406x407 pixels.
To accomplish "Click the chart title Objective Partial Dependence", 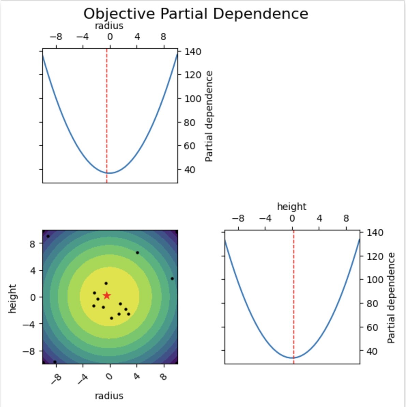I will pos(195,14).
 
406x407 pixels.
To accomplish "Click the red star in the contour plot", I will pos(107,295).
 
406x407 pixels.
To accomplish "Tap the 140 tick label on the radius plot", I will pos(193,52).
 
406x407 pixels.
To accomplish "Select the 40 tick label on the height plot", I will pos(375,351).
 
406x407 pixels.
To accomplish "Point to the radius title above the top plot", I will pos(109,26).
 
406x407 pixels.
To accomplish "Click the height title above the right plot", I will pos(291,207).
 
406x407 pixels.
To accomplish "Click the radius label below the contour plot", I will pos(109,396).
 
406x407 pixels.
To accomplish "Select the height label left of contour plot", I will pos(13,298).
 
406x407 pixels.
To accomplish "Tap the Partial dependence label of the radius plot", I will pos(209,116).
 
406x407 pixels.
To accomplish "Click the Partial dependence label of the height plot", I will pos(391,298).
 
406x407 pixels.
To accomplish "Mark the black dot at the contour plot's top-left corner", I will pos(48,236).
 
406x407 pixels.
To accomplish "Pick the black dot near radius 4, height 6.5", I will pos(137,253).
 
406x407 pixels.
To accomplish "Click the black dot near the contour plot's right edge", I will pos(172,279).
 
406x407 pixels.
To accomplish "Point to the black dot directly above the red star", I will pos(106,283).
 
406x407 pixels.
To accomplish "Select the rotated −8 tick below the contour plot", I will pos(55,378).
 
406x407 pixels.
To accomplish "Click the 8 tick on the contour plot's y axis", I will pos(33,243).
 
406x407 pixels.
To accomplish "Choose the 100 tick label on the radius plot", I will pos(193,99).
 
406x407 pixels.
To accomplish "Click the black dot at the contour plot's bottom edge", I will pos(55,362).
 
